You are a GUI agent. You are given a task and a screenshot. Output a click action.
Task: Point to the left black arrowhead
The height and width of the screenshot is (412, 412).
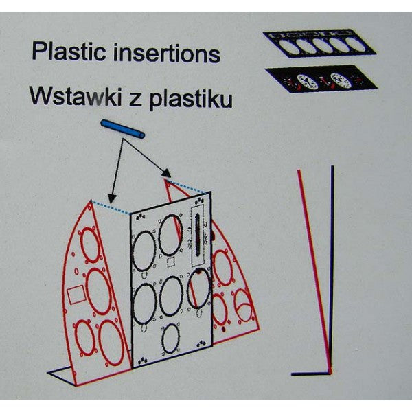[112, 199]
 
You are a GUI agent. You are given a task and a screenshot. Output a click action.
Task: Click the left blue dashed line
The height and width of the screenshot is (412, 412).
[110, 207]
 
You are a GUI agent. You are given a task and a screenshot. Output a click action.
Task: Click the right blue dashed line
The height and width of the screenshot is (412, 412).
[186, 187]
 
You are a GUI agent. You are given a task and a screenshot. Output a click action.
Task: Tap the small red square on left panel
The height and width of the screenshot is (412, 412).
[76, 295]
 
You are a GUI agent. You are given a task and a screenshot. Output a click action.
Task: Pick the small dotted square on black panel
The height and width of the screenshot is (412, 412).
[171, 262]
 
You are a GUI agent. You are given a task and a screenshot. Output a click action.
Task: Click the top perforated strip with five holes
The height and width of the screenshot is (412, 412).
[320, 43]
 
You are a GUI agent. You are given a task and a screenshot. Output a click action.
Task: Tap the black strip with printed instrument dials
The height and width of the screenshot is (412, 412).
[322, 79]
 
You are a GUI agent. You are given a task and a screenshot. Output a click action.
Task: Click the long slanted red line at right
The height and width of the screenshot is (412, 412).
[314, 271]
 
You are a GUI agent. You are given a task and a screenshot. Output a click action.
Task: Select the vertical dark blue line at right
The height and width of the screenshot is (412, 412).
[332, 268]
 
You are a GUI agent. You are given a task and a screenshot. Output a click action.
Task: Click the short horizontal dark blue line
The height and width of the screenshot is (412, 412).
[310, 374]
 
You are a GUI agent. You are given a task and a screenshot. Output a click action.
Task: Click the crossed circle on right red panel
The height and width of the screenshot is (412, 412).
[243, 306]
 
